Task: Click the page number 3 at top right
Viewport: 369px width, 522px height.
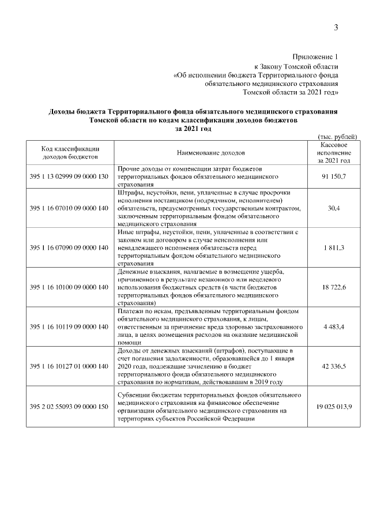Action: pos(336,28)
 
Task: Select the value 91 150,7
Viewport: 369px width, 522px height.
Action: pos(334,175)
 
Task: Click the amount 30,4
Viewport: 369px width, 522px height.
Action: pos(334,208)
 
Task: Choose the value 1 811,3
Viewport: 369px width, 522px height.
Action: pos(334,247)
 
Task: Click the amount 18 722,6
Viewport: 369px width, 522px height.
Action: pos(334,287)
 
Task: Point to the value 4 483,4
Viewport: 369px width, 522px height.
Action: pos(334,326)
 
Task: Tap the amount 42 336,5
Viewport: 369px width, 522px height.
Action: pos(334,366)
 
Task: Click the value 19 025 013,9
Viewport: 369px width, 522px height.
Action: pos(334,407)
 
